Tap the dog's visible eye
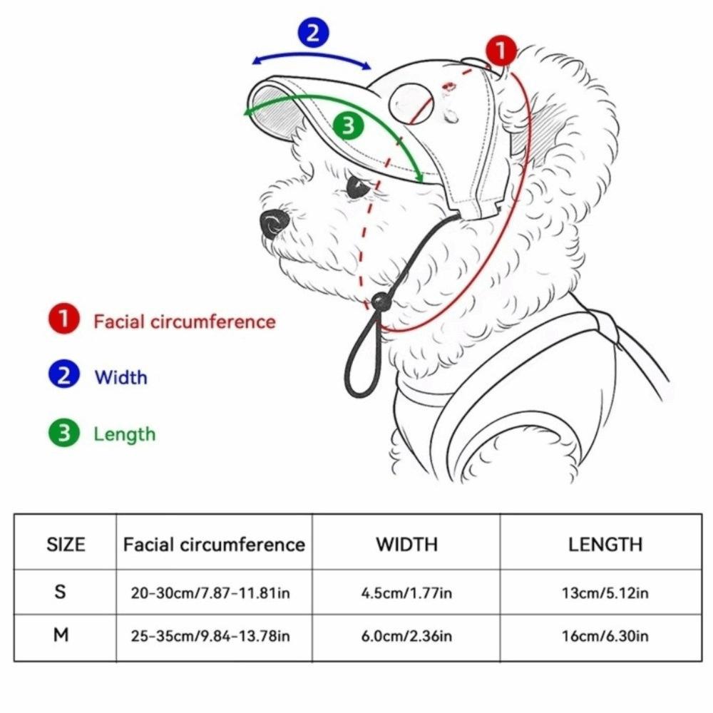coord(358,188)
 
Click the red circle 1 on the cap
coord(501,51)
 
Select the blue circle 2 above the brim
coord(313,32)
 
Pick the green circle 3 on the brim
coord(348,125)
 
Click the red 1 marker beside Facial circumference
coord(64,320)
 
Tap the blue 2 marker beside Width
coord(64,376)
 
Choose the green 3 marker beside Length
coord(64,433)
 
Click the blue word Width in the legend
coord(120,376)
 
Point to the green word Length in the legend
coord(124,434)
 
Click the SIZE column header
coord(66,545)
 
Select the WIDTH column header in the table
coord(406,545)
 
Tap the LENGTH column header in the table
coord(605,545)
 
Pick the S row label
coord(61,592)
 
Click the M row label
coord(61,635)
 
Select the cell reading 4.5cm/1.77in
coord(406,593)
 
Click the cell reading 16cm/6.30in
coord(605,635)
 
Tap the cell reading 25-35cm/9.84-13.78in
coord(210,635)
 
